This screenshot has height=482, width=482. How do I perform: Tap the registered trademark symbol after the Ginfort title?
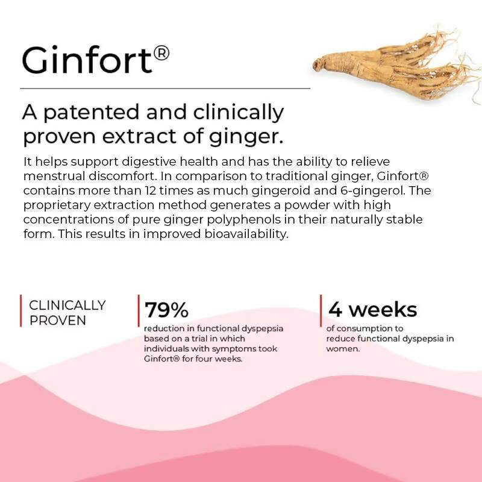[161, 54]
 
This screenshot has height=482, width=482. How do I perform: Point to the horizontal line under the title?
[165, 89]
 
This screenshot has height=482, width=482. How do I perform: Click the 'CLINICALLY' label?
[67, 305]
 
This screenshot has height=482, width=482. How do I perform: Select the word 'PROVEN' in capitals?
[58, 320]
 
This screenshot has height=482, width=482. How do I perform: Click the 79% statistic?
[166, 310]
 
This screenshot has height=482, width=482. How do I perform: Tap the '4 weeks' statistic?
[372, 310]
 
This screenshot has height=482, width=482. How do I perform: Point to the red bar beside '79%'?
[139, 310]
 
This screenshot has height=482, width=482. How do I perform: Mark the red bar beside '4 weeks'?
[321, 310]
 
